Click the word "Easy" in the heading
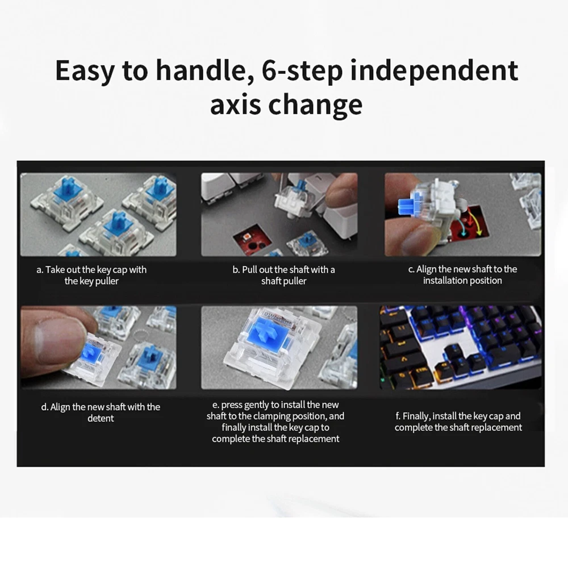click(85, 71)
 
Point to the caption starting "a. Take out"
click(91, 275)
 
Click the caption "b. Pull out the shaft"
click(283, 275)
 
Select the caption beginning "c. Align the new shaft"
click(462, 274)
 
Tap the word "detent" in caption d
click(101, 419)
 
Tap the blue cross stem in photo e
click(269, 332)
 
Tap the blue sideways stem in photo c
click(407, 207)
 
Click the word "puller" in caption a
click(107, 282)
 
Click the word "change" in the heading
click(315, 105)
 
